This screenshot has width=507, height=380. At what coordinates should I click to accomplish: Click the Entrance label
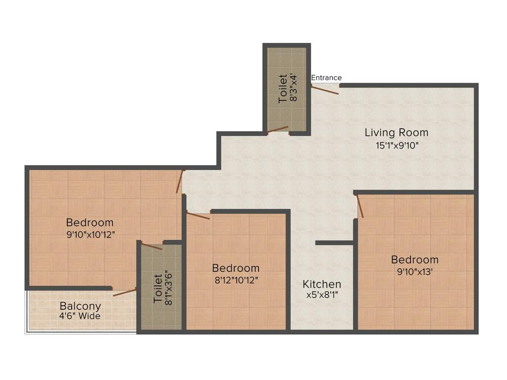[x=326, y=78]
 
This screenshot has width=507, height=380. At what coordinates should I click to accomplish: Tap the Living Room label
[x=396, y=133]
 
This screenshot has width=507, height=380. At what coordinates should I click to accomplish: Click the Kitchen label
[x=322, y=285]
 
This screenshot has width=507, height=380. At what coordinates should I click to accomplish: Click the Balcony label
[x=80, y=306]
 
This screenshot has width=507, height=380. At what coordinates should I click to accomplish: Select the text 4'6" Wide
[x=80, y=316]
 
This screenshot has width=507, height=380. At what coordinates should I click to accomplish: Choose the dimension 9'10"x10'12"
[x=90, y=235]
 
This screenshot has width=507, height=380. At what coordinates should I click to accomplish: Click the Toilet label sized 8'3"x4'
[x=283, y=89]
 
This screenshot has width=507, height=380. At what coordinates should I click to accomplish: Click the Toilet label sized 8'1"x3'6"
[x=157, y=289]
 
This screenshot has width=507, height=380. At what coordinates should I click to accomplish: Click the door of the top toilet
[x=278, y=130]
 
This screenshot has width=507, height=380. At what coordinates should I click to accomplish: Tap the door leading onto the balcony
[x=125, y=292]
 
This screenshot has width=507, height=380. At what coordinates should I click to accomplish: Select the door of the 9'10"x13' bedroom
[x=360, y=206]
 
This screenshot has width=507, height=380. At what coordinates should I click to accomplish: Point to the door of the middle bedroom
[x=198, y=215]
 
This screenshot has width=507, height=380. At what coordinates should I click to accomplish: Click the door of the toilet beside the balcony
[x=152, y=246]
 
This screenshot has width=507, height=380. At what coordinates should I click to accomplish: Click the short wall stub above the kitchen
[x=334, y=243]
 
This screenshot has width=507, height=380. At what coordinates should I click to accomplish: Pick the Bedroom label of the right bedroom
[x=414, y=260]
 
